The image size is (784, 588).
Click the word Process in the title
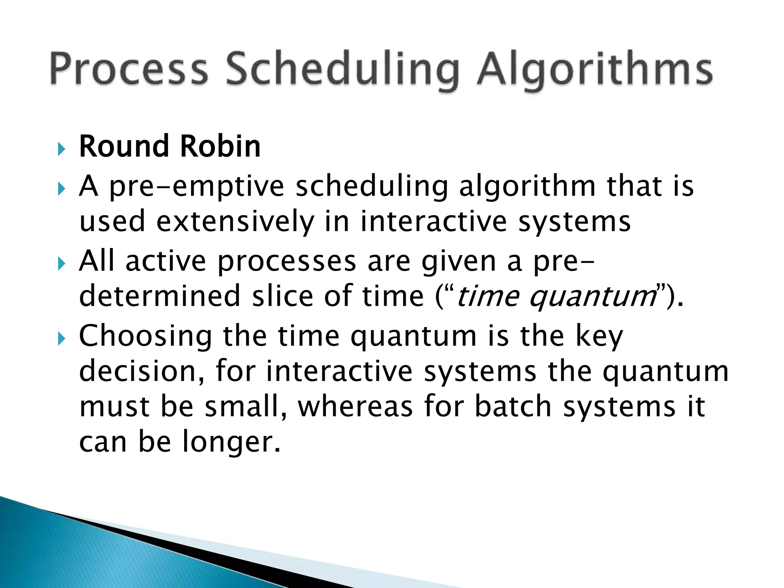click(129, 69)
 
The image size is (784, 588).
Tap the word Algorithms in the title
click(595, 71)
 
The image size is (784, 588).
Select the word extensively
click(235, 222)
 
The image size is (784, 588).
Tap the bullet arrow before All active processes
click(62, 263)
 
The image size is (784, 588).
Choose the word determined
click(159, 296)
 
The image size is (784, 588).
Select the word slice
click(283, 296)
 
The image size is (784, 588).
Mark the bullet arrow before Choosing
click(62, 338)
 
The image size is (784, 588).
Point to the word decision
click(142, 371)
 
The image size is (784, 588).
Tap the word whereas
click(355, 407)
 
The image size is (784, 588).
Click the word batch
click(513, 407)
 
